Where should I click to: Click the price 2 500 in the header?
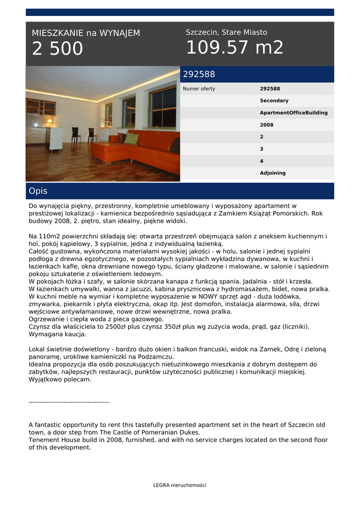58,49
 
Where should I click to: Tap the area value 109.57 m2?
234,48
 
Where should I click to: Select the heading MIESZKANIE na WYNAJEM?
86,33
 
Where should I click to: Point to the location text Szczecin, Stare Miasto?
226,32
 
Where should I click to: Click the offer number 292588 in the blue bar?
199,74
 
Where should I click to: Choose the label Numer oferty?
199,89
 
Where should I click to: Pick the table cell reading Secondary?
274,101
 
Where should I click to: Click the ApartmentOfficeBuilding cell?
293,113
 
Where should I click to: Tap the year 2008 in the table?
267,125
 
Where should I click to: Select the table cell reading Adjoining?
273,173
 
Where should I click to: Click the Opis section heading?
38,191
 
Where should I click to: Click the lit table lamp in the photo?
49,122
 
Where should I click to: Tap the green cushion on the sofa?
131,138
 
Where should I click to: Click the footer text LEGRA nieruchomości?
180,485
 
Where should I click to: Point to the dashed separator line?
69,402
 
